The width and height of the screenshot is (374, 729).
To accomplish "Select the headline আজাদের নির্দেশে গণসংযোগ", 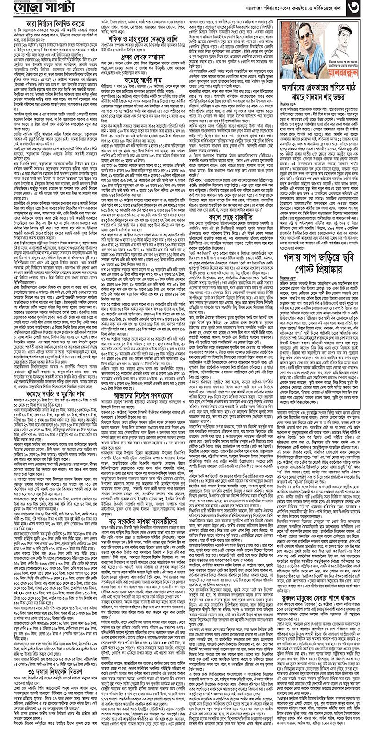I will coord(142,407).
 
